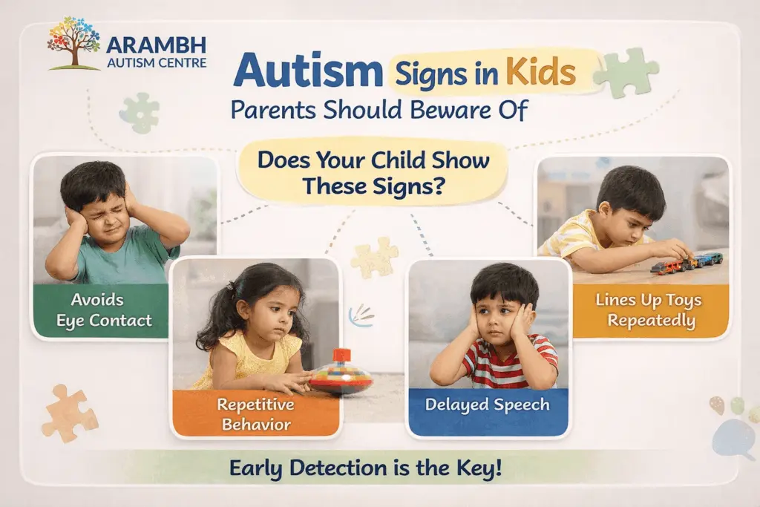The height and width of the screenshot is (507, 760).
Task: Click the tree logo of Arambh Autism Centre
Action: click(74, 43)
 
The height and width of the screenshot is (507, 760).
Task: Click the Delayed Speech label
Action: click(487, 405)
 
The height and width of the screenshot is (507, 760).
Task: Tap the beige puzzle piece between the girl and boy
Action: click(375, 257)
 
